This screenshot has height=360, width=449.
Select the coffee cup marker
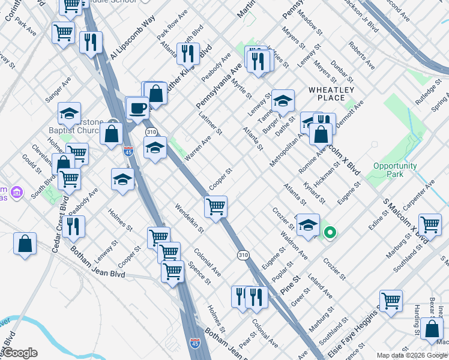[x=138, y=109]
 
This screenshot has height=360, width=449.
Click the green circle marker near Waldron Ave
[x=329, y=232]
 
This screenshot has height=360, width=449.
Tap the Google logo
[x=19, y=353]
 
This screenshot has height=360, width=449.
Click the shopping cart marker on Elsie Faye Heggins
[x=391, y=301]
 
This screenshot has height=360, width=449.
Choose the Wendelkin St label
[x=189, y=218]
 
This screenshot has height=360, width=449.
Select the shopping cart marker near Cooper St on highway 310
[x=215, y=207]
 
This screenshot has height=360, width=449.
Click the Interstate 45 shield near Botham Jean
[x=194, y=343]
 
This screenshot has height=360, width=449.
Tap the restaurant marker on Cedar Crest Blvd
[x=74, y=227]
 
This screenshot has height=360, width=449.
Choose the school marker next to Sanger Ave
[x=69, y=113]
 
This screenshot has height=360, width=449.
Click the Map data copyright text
[x=412, y=355]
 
